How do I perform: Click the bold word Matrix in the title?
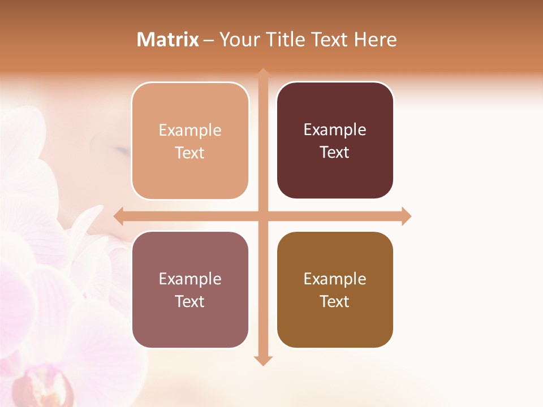pyautogui.click(x=168, y=40)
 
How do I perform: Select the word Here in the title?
pyautogui.click(x=375, y=40)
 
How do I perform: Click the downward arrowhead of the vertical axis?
pyautogui.click(x=263, y=361)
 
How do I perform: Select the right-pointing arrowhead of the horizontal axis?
pyautogui.click(x=406, y=216)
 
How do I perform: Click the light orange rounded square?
pyautogui.click(x=190, y=141)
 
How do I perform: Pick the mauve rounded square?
pyautogui.click(x=190, y=290)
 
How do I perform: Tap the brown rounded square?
pyautogui.click(x=335, y=290)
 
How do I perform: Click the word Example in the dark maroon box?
pyautogui.click(x=335, y=129)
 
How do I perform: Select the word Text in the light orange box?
pyautogui.click(x=190, y=153)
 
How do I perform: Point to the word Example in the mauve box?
pyautogui.click(x=190, y=279)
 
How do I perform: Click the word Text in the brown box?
pyautogui.click(x=335, y=301)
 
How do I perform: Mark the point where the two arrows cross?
pyautogui.click(x=263, y=216)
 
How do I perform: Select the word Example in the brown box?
pyautogui.click(x=335, y=279)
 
